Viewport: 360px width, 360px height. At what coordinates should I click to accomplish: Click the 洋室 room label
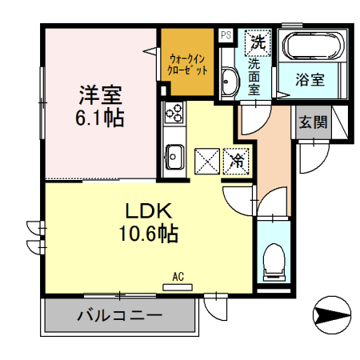[100, 94]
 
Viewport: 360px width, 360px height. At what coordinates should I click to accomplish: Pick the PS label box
[226, 35]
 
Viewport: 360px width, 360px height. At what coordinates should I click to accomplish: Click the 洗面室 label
[254, 75]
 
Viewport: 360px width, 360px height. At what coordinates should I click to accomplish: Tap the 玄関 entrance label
[312, 122]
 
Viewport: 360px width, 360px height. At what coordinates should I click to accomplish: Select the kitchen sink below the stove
[174, 154]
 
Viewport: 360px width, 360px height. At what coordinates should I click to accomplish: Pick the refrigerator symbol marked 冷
[237, 160]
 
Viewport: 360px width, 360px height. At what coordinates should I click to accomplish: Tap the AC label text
[178, 277]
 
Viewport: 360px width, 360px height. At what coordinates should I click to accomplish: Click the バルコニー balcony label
[120, 315]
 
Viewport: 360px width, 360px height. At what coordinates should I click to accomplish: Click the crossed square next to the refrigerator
[207, 160]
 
